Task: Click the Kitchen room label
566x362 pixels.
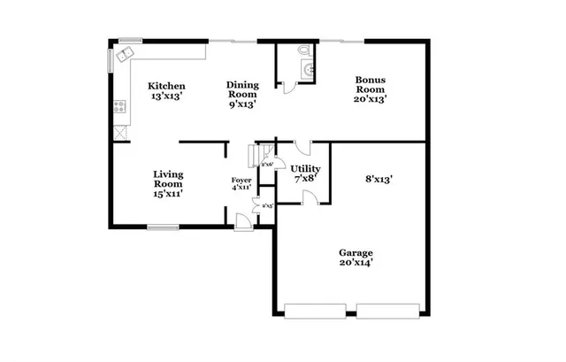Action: pyautogui.click(x=166, y=86)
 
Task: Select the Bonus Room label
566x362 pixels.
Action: pyautogui.click(x=371, y=83)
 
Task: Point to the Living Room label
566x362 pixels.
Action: pyautogui.click(x=168, y=175)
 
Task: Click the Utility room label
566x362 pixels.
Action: pyautogui.click(x=305, y=168)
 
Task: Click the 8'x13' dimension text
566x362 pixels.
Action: pyautogui.click(x=379, y=178)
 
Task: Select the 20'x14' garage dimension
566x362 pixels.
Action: pyautogui.click(x=355, y=262)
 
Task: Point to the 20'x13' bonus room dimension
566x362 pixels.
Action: pyautogui.click(x=371, y=99)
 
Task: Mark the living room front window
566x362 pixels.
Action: pyautogui.click(x=164, y=227)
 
